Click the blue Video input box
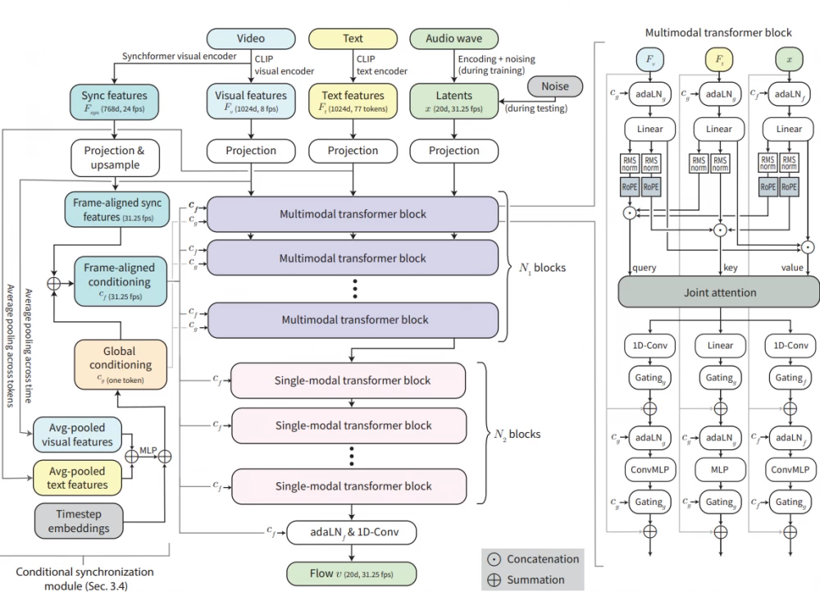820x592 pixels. click(251, 39)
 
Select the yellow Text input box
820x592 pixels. click(353, 39)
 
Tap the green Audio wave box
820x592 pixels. click(453, 39)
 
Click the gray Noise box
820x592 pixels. click(553, 86)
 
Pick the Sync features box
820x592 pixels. click(114, 101)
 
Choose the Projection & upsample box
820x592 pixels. click(120, 157)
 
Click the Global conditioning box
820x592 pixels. click(120, 365)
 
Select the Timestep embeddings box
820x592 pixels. click(80, 522)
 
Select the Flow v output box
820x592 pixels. click(351, 572)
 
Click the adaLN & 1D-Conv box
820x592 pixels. click(351, 533)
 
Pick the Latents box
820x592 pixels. click(453, 101)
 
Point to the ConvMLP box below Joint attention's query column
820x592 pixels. click(649, 471)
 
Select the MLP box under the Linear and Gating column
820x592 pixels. click(719, 471)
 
